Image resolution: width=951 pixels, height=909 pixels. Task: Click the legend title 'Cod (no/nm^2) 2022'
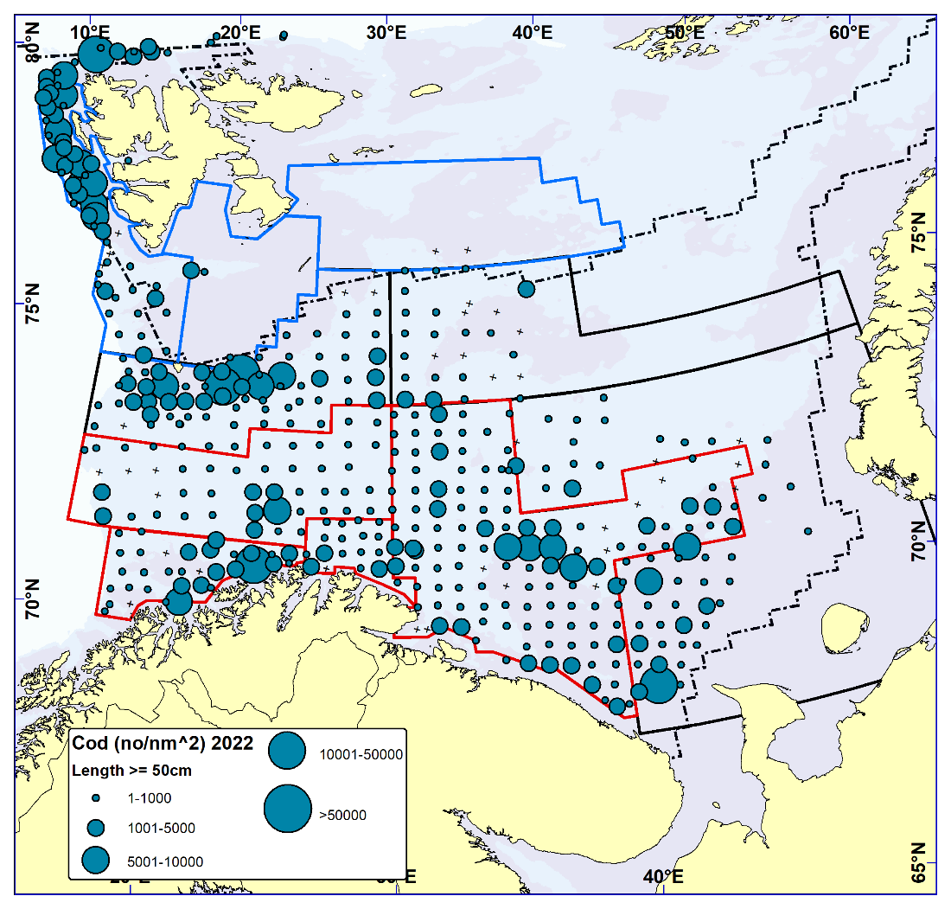click(x=162, y=744)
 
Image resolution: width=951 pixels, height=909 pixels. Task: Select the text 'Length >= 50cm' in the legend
click(x=131, y=770)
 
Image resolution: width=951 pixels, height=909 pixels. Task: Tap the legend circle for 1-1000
click(x=97, y=797)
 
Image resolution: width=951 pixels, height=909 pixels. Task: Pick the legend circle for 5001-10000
click(x=96, y=860)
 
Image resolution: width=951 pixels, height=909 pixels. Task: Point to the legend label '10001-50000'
click(x=361, y=754)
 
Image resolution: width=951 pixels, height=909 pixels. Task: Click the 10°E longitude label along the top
click(x=90, y=32)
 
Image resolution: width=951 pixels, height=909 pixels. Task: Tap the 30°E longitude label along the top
click(x=386, y=32)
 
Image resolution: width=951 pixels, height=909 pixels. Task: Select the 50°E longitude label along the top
click(x=684, y=32)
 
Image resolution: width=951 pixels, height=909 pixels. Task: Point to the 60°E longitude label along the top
click(x=849, y=32)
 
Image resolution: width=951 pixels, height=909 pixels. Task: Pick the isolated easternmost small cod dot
click(x=807, y=531)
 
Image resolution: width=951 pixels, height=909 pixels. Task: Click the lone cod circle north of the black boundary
click(x=526, y=288)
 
